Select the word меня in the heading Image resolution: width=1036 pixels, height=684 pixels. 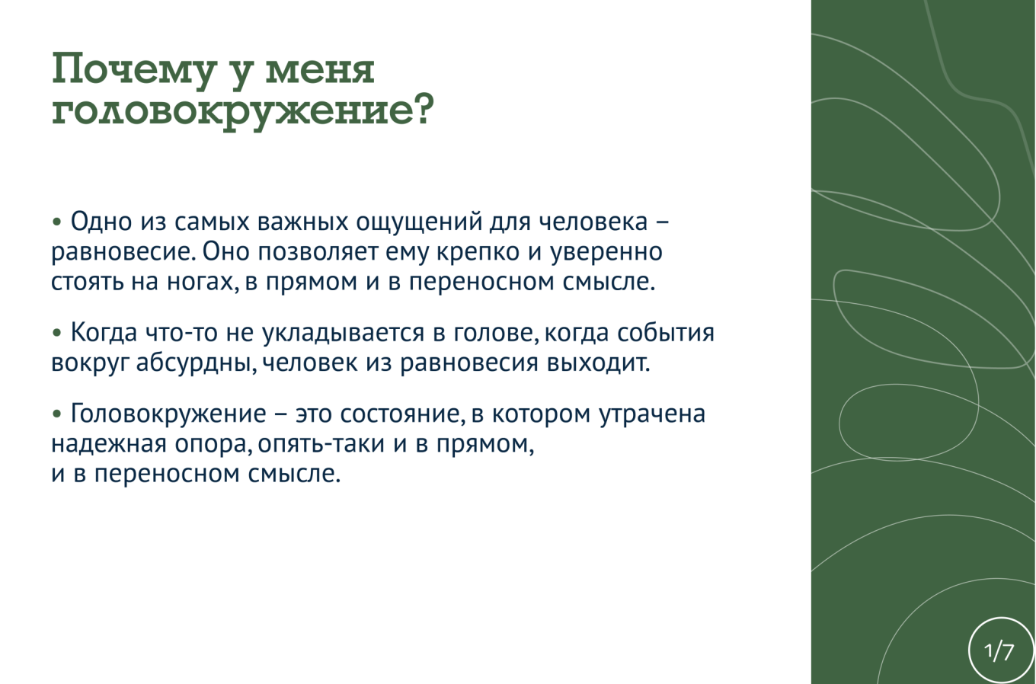pyautogui.click(x=320, y=72)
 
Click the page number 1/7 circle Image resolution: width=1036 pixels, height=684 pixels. pyautogui.click(x=1000, y=650)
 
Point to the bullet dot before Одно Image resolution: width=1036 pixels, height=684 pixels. pyautogui.click(x=57, y=222)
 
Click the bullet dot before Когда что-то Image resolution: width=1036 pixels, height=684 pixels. pyautogui.click(x=57, y=332)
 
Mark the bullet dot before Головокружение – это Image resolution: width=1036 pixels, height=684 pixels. pyautogui.click(x=57, y=414)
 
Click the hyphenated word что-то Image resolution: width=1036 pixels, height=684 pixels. pyautogui.click(x=181, y=333)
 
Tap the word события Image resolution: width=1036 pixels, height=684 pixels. pyautogui.click(x=666, y=333)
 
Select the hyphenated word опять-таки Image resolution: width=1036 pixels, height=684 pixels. pyautogui.click(x=321, y=444)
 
